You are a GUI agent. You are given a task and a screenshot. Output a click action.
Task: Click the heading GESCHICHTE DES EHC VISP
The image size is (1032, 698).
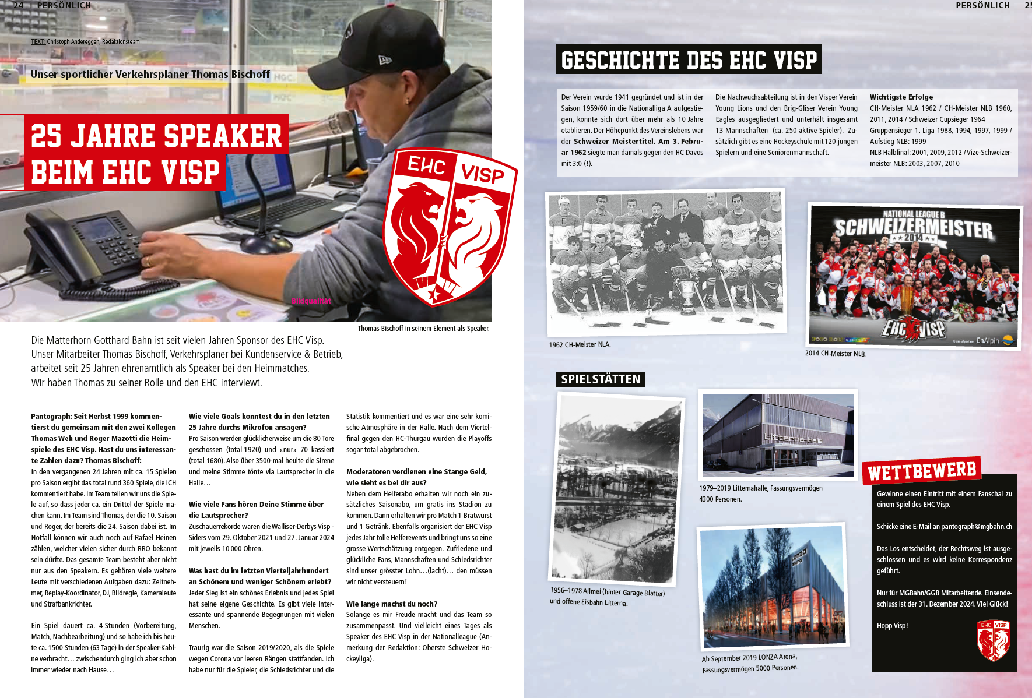tap(689, 59)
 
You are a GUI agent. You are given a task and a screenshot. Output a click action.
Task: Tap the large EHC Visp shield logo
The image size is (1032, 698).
tap(449, 227)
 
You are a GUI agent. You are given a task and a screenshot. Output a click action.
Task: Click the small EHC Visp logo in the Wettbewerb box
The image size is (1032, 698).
tap(993, 640)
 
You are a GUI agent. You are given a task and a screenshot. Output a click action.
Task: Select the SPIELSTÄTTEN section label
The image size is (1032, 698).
tap(601, 379)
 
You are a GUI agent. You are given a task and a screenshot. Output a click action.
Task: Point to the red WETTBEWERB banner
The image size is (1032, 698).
tap(921, 471)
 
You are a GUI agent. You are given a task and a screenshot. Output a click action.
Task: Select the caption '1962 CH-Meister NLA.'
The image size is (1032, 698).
tap(580, 344)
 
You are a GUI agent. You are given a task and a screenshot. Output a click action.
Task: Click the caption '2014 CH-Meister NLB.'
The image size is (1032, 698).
tap(835, 353)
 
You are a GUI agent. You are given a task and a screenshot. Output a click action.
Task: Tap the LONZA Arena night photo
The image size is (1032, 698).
tap(773, 586)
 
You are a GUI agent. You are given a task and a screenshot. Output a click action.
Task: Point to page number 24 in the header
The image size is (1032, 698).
tap(19, 5)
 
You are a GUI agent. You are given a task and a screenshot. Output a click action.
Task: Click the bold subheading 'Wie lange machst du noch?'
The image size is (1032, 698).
tap(391, 604)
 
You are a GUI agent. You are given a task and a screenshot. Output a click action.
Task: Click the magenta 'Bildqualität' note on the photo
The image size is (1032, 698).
tap(311, 301)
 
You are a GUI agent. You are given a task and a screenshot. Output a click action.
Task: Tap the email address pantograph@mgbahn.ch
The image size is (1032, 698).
tap(976, 527)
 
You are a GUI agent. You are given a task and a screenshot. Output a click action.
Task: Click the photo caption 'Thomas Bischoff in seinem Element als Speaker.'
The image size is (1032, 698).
tap(423, 329)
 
